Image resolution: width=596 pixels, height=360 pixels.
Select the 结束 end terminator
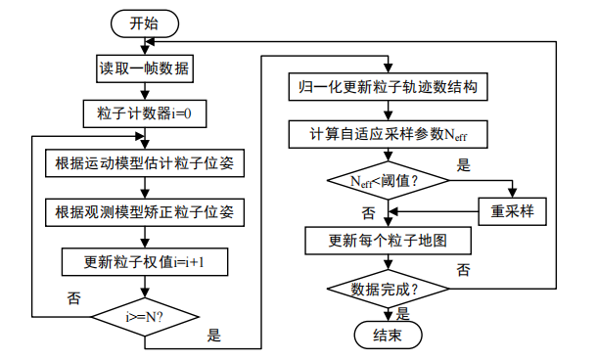click(389, 335)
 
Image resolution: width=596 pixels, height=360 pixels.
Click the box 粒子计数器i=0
click(144, 113)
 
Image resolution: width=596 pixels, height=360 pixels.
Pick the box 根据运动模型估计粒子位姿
click(144, 161)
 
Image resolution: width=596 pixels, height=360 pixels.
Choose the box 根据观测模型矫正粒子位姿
click(144, 211)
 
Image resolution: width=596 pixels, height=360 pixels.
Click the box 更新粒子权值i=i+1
click(144, 261)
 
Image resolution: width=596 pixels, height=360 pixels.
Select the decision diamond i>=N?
click(145, 317)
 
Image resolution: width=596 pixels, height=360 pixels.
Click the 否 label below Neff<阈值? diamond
click(369, 212)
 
